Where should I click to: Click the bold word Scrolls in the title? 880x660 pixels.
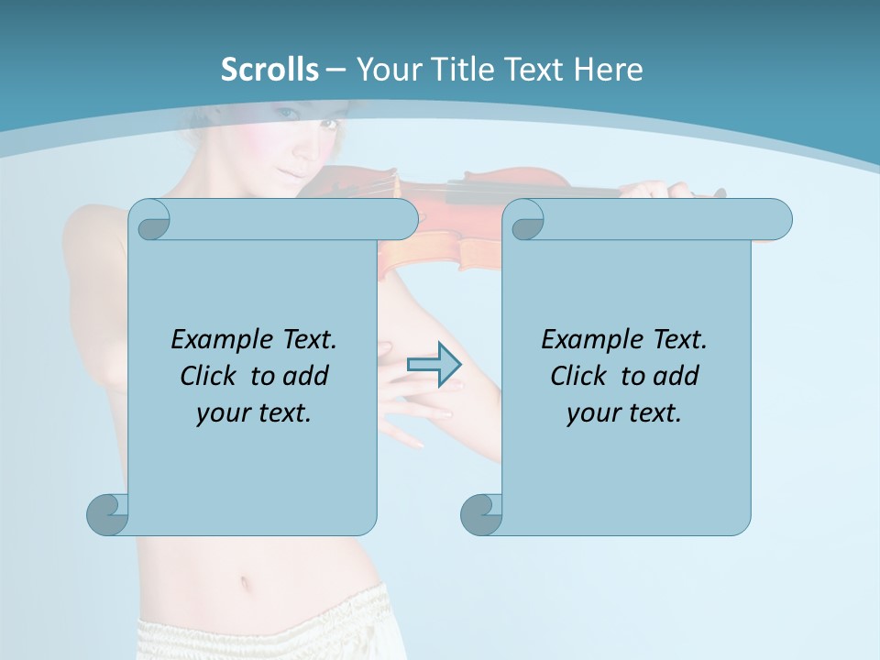(269, 70)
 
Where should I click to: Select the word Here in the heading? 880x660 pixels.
(608, 70)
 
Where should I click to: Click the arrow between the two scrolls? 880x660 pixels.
(434, 365)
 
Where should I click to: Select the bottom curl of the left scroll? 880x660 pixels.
(106, 514)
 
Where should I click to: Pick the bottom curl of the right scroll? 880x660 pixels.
(480, 514)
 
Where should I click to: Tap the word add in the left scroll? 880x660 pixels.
(306, 376)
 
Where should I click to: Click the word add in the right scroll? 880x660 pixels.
(676, 376)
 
